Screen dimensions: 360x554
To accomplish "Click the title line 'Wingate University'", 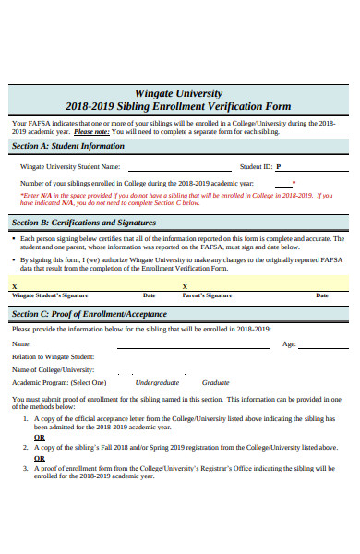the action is (x=179, y=93).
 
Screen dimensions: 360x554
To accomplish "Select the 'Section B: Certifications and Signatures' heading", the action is (x=84, y=223).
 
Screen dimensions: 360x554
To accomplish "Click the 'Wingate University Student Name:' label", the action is (x=70, y=167).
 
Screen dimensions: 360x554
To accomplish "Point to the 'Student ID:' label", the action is (x=256, y=167).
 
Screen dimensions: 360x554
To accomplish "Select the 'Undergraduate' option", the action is (x=157, y=382).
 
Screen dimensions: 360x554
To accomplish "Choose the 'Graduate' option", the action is (x=215, y=382).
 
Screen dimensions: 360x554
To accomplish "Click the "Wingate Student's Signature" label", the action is (x=49, y=295).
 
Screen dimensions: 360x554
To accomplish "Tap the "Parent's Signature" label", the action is (x=207, y=295).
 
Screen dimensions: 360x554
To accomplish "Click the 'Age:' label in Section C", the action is (x=289, y=344).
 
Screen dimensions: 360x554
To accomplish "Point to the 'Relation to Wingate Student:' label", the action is (x=53, y=356).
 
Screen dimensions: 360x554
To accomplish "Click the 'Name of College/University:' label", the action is (x=54, y=369).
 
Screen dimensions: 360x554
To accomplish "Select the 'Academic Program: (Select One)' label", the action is (x=59, y=382).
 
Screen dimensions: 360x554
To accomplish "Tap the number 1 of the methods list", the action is (x=25, y=418).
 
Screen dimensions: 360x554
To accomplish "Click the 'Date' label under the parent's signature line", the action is (x=322, y=295).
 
